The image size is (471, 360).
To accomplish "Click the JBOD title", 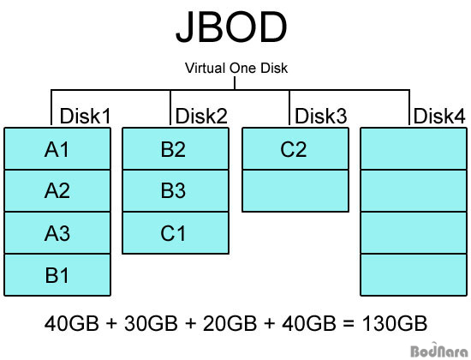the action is (231, 27).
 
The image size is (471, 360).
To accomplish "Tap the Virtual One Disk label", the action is (236, 68).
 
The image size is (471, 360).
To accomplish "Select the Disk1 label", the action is (85, 116).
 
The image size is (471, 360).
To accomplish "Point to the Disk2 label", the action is (201, 116).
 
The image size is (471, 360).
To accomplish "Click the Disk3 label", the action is (320, 116).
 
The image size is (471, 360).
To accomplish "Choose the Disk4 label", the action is (439, 116).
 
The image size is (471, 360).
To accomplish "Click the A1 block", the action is (57, 148).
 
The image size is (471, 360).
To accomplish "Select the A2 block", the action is (57, 190).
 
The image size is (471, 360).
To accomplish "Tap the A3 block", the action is (57, 233).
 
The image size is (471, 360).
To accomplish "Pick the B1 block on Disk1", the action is (57, 275).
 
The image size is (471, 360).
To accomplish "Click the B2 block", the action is (176, 148).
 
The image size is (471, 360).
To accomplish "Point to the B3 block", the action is (176, 190).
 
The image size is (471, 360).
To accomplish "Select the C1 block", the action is (176, 233).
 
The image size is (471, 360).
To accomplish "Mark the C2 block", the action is (295, 148).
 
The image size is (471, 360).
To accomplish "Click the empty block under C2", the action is (295, 190).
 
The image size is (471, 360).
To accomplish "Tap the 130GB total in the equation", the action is (395, 323).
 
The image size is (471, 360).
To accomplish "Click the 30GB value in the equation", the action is (151, 323).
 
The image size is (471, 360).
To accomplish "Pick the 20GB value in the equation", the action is (230, 323).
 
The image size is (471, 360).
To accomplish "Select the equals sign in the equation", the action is (349, 324).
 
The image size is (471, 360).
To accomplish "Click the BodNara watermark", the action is (438, 351).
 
